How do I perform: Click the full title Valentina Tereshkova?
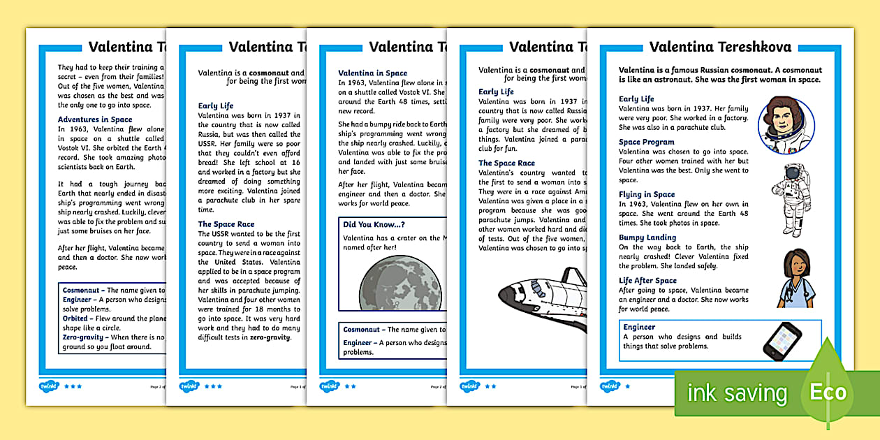[x=720, y=47]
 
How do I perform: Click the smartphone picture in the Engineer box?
[x=782, y=341]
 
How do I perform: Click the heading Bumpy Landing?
[x=647, y=237]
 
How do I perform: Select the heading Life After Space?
[x=647, y=281]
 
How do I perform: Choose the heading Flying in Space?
[x=647, y=195]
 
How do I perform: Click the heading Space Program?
[x=647, y=142]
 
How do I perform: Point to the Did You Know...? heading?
[x=374, y=224]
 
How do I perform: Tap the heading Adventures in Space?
[x=95, y=119]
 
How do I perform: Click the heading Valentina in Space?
[x=372, y=73]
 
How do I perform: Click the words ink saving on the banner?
[x=737, y=393]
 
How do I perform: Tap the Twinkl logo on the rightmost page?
[x=610, y=386]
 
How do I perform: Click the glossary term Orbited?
[x=75, y=318]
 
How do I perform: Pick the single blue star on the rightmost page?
[x=627, y=386]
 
